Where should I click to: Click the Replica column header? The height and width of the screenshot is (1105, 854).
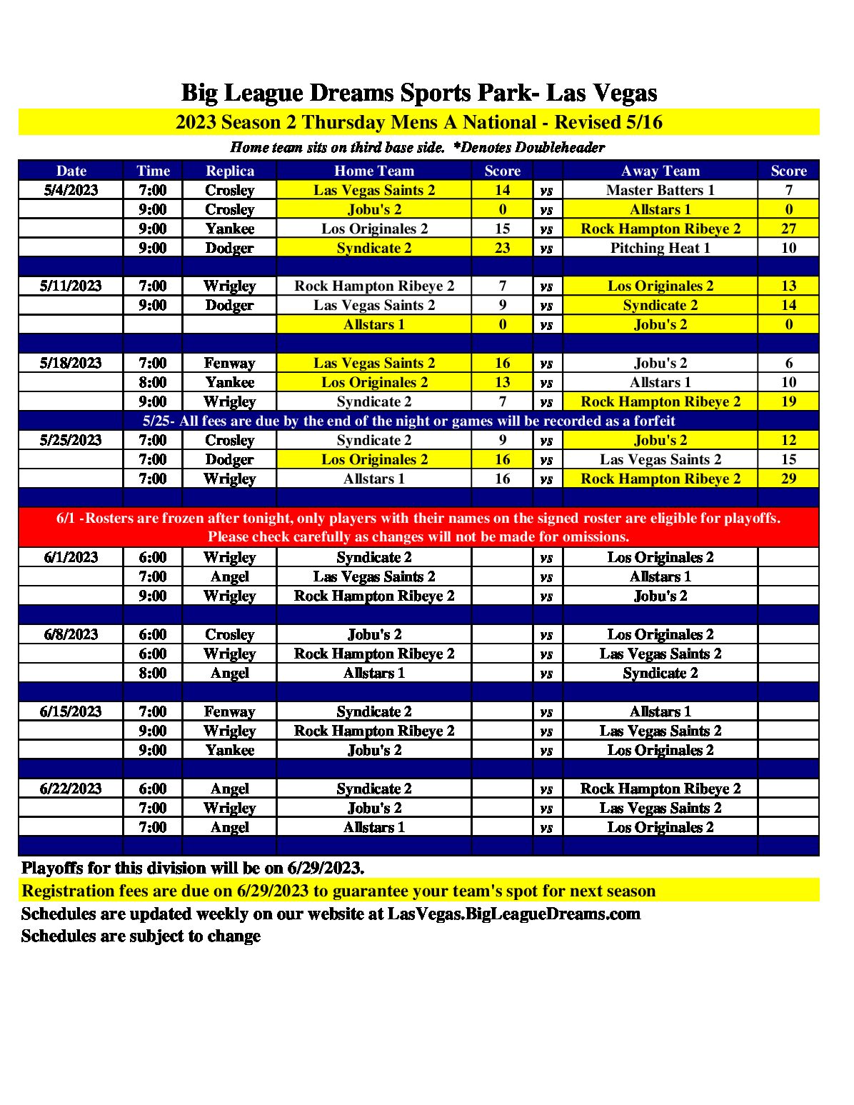point(229,171)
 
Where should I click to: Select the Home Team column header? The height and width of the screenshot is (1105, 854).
point(373,171)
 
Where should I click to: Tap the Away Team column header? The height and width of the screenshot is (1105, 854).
point(660,171)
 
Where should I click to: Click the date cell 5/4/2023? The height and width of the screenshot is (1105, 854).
point(71,190)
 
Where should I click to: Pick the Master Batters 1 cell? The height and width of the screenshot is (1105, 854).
point(660,190)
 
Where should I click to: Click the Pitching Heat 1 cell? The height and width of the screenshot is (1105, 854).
point(660,248)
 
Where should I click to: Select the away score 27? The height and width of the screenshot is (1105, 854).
point(788,229)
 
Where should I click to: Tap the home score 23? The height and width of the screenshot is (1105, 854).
point(502,248)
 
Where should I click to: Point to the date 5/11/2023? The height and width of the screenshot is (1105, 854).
point(71,286)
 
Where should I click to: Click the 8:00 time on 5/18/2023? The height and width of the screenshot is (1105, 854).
point(153,382)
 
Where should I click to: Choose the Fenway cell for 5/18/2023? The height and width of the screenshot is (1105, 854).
point(229,363)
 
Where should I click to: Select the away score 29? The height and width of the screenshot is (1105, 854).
point(788,479)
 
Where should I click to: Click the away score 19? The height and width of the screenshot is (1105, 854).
point(788,401)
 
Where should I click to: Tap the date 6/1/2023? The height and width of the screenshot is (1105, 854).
point(71,557)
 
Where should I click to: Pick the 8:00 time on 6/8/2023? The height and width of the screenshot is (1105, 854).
point(153,673)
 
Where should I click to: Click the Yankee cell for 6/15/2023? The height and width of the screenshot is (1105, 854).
point(229,750)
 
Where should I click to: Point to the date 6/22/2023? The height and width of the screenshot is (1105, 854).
point(71,789)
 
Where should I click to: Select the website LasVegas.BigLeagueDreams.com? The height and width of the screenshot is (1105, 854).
point(513,914)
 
